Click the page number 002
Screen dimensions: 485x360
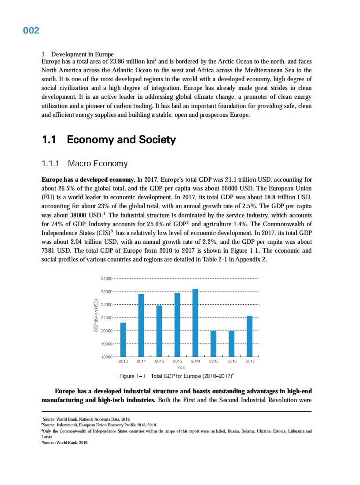coord(31,30)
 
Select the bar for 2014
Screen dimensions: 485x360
coord(195,323)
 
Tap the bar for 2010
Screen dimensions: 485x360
coord(123,339)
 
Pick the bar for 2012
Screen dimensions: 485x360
coord(159,331)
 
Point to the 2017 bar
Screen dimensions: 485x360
coord(250,336)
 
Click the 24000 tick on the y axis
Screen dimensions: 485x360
coord(107,279)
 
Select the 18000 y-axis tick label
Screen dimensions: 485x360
coord(107,357)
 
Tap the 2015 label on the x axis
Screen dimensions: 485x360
coord(214,361)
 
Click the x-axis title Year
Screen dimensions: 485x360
coord(181,367)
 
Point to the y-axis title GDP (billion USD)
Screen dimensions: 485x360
coord(95,316)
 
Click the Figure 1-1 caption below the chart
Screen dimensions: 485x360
coord(177,376)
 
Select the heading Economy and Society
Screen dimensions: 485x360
coord(121,140)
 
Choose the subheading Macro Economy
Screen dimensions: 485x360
coord(97,164)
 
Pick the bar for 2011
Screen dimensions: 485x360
coord(141,325)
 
